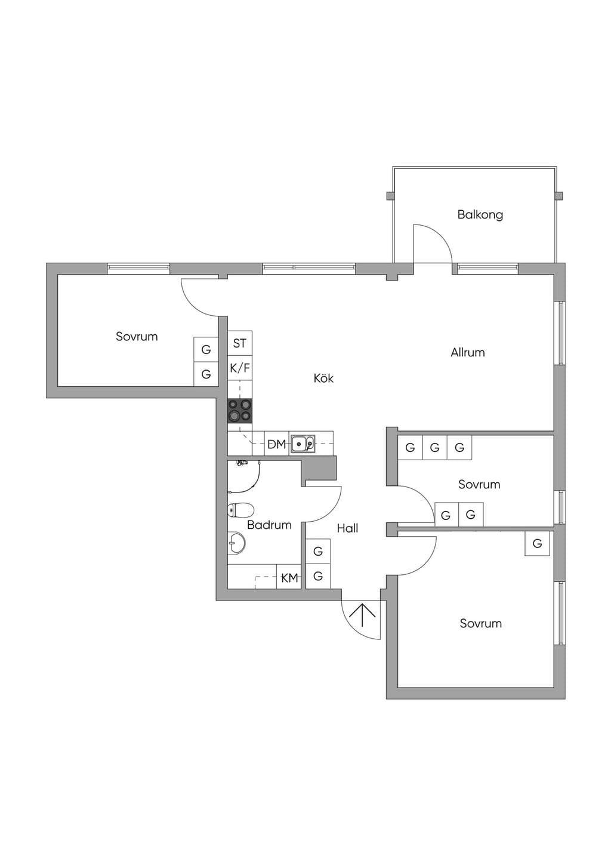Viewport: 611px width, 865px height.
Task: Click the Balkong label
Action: coord(480,214)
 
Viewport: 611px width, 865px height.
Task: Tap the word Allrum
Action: coord(467,352)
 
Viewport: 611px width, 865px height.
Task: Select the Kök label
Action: coord(323,378)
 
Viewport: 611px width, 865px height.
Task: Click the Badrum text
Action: coord(269,525)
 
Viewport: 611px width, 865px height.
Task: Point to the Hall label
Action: coord(347,528)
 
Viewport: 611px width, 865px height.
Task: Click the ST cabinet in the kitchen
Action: coord(240,343)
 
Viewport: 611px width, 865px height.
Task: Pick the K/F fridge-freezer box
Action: coord(240,368)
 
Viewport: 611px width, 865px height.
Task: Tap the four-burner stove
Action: coord(240,411)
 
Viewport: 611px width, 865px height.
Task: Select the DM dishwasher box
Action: coord(277,445)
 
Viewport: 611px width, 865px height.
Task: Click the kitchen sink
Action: coord(303,444)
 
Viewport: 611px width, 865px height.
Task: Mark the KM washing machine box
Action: coord(289,578)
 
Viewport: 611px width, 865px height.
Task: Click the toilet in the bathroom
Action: coord(240,510)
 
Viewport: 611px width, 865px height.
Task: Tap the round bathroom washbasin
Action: coord(236,543)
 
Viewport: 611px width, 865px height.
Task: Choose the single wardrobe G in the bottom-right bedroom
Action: coord(537,543)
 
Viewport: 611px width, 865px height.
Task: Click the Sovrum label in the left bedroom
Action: coord(137,336)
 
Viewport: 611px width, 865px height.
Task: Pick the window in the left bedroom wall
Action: coord(138,269)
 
